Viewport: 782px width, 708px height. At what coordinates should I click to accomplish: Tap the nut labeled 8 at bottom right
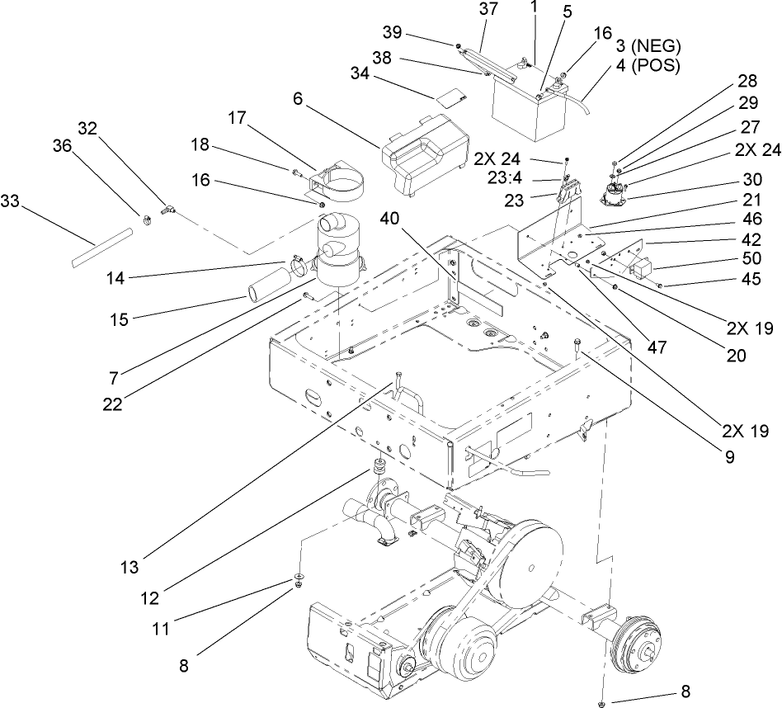click(603, 702)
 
